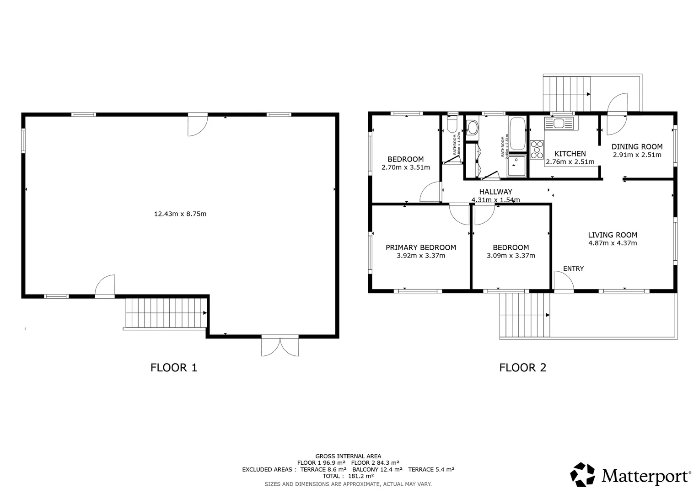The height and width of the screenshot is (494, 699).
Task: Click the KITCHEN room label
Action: click(x=570, y=154)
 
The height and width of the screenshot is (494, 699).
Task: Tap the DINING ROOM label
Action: click(x=637, y=147)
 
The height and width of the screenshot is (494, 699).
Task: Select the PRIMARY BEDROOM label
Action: click(x=420, y=247)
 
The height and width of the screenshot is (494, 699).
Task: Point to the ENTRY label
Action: click(x=573, y=268)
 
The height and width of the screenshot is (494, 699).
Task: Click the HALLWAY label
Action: click(x=495, y=192)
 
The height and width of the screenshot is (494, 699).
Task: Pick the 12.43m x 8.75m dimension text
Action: click(x=180, y=214)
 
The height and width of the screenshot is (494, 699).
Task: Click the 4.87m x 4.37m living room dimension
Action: click(x=613, y=243)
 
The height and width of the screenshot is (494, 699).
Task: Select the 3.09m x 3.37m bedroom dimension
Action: click(x=511, y=256)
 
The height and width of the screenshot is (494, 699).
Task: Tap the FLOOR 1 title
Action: click(x=173, y=367)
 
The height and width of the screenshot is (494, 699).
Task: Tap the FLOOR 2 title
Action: click(x=522, y=367)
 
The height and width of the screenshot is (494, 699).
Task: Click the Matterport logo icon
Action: click(x=582, y=474)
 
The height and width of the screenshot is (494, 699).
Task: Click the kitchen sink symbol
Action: click(x=559, y=123)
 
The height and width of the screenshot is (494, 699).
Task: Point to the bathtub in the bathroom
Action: click(x=517, y=134)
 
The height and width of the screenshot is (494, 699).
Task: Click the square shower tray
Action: click(x=517, y=166)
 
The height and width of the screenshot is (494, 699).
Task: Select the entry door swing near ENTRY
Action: click(x=563, y=280)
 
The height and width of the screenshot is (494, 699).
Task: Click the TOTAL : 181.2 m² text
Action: click(x=348, y=476)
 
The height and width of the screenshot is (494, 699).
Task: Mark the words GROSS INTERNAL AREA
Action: click(x=348, y=456)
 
